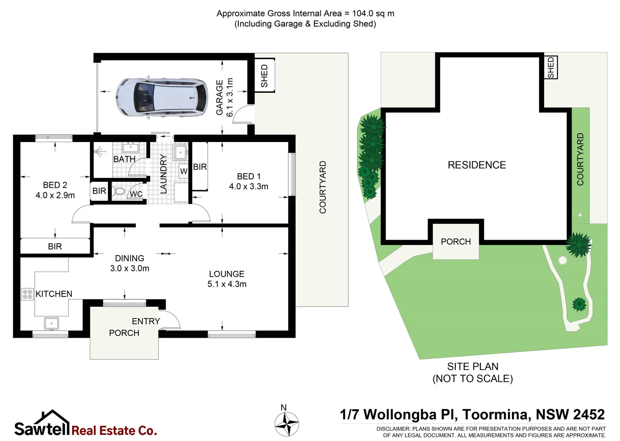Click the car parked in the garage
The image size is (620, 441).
(162, 97)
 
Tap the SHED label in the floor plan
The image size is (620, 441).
(264, 76)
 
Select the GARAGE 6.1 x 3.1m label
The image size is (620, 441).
(224, 97)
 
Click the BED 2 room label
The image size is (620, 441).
(55, 185)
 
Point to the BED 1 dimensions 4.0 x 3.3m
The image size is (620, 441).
(249, 187)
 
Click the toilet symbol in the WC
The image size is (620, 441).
(119, 191)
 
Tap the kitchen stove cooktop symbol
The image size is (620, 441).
(27, 294)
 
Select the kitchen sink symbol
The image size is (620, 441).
(51, 323)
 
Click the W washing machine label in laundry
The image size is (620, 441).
(184, 171)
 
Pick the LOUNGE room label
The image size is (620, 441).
(227, 274)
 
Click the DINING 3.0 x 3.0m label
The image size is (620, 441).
(129, 263)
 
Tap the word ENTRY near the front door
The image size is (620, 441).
(146, 321)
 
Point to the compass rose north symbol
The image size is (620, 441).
(287, 423)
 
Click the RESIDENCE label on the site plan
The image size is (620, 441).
(477, 165)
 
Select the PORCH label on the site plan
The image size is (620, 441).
(456, 242)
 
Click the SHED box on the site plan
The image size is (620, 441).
(551, 67)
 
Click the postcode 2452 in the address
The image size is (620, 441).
(588, 414)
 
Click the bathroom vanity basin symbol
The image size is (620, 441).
(131, 147)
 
